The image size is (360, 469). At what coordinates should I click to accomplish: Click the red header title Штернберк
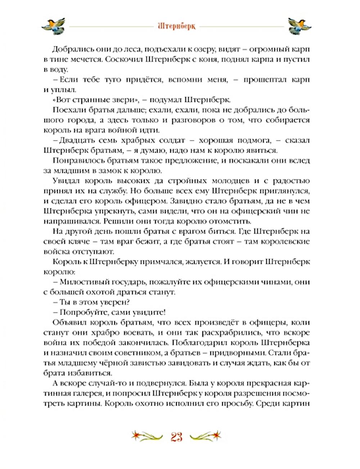click(x=176, y=27)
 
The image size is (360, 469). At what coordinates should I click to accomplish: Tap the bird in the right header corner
click(x=300, y=26)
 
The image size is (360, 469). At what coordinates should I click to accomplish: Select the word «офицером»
click(x=149, y=201)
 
